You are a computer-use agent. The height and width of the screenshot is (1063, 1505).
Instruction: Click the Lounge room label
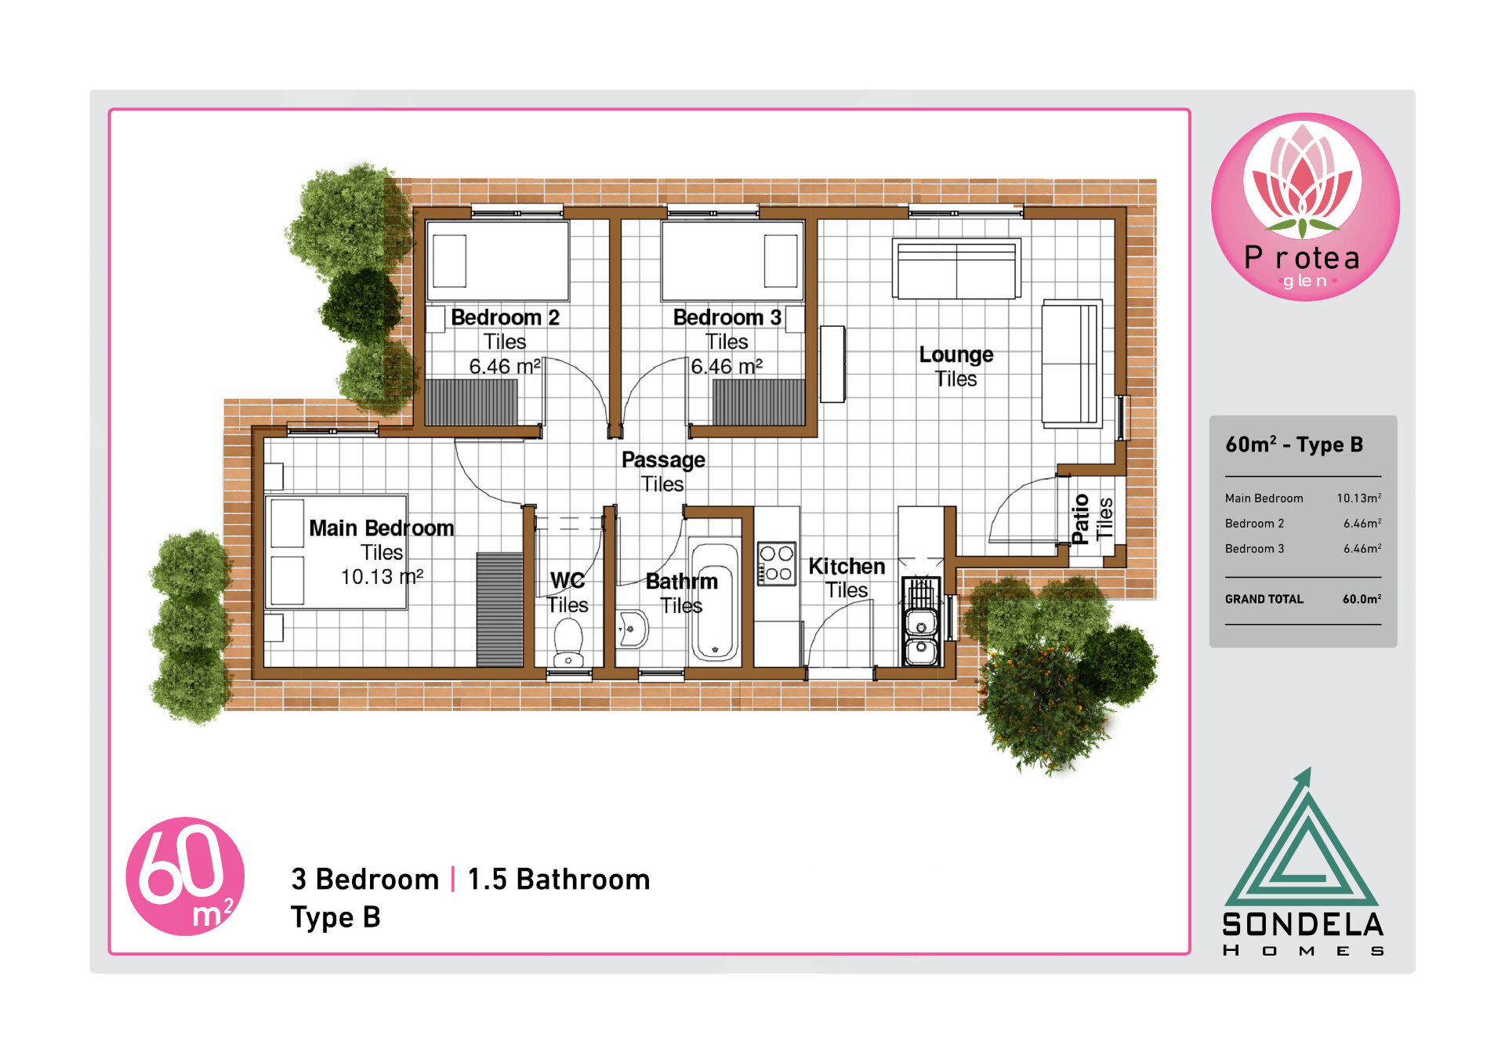(x=956, y=354)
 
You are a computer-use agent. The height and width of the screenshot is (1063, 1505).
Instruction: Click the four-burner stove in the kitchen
(x=776, y=563)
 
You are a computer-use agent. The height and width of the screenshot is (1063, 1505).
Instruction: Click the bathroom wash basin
(x=632, y=629)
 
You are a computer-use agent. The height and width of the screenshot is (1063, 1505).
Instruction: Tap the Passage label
(x=663, y=459)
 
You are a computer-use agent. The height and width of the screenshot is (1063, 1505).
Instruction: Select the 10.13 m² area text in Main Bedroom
(x=382, y=577)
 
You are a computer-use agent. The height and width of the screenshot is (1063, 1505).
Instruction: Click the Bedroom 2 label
(x=505, y=317)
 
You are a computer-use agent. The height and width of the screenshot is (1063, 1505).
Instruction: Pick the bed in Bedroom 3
(x=732, y=261)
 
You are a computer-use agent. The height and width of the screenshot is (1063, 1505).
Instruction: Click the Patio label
(x=1080, y=519)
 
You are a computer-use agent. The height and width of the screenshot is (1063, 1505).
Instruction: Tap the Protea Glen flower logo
(x=1305, y=207)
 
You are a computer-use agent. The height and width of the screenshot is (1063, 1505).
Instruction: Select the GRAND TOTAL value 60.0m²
(x=1362, y=599)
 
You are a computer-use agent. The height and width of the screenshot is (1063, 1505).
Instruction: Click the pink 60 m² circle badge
(x=185, y=876)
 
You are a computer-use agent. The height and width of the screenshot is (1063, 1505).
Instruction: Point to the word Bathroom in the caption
(x=583, y=880)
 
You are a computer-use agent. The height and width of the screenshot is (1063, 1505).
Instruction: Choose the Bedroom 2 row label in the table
(x=1254, y=524)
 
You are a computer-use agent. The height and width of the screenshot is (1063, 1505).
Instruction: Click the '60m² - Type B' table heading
(x=1294, y=444)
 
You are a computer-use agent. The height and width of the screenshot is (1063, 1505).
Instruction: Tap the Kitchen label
(x=847, y=566)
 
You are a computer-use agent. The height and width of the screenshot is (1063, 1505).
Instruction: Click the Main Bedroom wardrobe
(x=499, y=610)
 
